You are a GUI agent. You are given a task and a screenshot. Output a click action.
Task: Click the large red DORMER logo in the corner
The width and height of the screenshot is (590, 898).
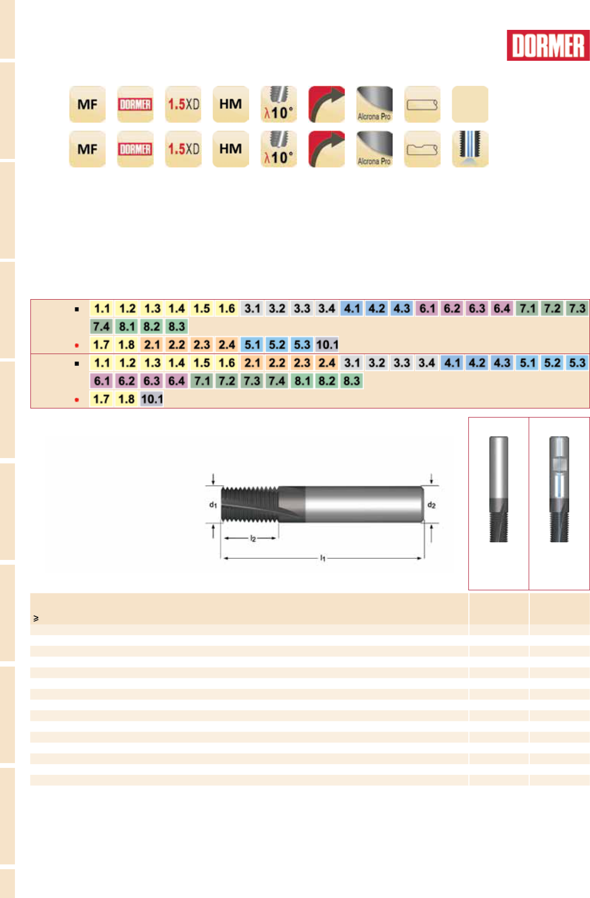click(x=548, y=45)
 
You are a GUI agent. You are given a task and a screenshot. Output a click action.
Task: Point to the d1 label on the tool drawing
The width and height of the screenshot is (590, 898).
click(x=213, y=504)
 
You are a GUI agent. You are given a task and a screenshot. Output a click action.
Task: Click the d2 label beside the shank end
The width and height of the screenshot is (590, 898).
click(x=431, y=504)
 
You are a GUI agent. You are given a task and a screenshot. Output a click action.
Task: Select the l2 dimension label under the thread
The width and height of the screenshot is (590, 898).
click(x=253, y=539)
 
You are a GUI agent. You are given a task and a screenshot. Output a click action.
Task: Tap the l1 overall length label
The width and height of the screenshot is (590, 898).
click(x=323, y=558)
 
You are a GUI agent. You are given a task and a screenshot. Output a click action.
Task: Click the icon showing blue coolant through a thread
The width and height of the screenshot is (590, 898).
click(x=470, y=149)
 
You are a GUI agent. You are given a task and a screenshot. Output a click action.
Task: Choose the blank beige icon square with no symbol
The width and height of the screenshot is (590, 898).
click(x=470, y=104)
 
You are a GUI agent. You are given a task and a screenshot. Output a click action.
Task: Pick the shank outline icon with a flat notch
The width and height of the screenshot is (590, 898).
click(x=422, y=149)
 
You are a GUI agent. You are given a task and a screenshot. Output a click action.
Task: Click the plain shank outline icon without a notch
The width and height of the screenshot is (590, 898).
click(x=422, y=104)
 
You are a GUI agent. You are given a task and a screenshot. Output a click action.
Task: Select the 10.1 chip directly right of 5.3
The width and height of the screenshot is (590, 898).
click(x=327, y=344)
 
